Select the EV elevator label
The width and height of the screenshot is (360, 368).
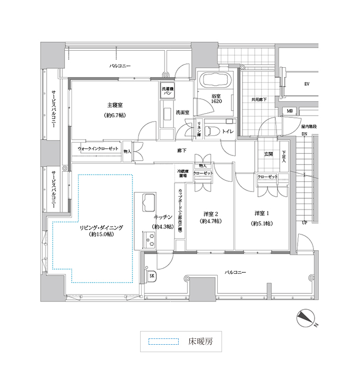click(x=306, y=84)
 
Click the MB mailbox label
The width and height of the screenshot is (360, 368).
click(x=290, y=111)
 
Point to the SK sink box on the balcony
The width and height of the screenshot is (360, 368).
click(x=152, y=276)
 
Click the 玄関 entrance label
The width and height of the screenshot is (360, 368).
click(x=268, y=154)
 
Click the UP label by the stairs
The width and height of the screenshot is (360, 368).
click(x=304, y=223)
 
